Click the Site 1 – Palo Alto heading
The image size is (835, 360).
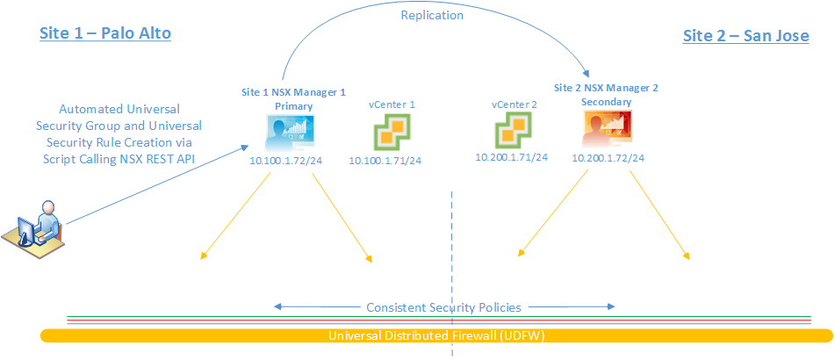point(104,33)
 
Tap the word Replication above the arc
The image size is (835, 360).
point(432,15)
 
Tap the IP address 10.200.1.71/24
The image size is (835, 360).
point(511,156)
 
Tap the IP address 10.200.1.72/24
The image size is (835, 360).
point(608,158)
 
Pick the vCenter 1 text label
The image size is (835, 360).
point(392,104)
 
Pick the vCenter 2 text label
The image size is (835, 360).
point(514,104)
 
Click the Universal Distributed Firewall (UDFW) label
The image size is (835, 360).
point(435,335)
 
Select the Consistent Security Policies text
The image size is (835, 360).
point(443,307)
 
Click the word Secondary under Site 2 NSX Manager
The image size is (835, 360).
point(606,102)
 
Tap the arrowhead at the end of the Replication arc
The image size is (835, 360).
point(587,76)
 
